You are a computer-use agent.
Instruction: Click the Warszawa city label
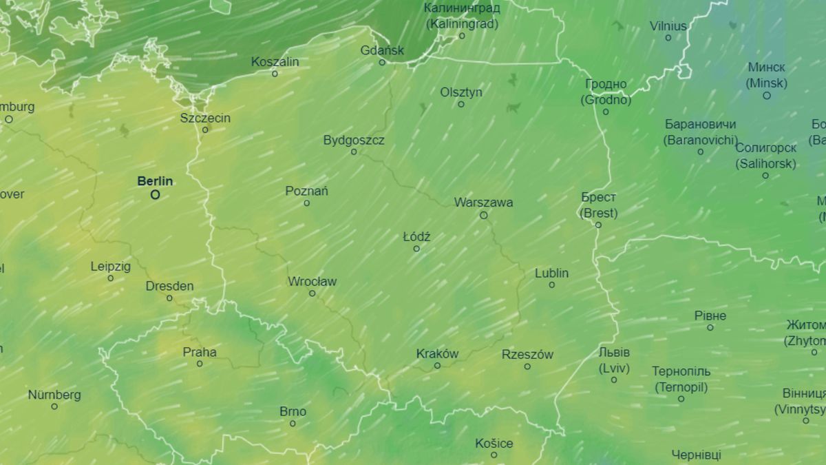(x=483, y=203)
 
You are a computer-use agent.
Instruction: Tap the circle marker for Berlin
(x=156, y=195)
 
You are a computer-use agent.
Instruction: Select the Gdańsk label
(x=382, y=50)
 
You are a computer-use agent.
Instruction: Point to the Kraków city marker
(x=437, y=366)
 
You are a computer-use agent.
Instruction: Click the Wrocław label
(x=312, y=281)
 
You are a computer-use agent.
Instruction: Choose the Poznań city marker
(x=306, y=203)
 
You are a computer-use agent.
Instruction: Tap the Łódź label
(x=416, y=237)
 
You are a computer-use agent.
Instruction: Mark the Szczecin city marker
(x=205, y=130)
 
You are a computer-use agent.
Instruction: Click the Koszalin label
(x=275, y=61)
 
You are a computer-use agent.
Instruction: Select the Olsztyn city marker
(x=461, y=104)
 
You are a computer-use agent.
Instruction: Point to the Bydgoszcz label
(x=354, y=140)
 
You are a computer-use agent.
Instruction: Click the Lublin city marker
(x=551, y=285)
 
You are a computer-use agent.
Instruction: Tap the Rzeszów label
(x=527, y=355)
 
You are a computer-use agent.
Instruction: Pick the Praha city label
(x=200, y=352)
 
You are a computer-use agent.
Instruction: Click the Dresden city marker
(x=169, y=298)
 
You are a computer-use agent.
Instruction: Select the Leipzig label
(x=110, y=266)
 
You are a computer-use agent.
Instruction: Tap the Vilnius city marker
(x=668, y=38)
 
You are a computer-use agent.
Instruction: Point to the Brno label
(x=293, y=411)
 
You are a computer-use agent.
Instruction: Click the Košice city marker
(x=494, y=455)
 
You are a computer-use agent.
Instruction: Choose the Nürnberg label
(x=54, y=395)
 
